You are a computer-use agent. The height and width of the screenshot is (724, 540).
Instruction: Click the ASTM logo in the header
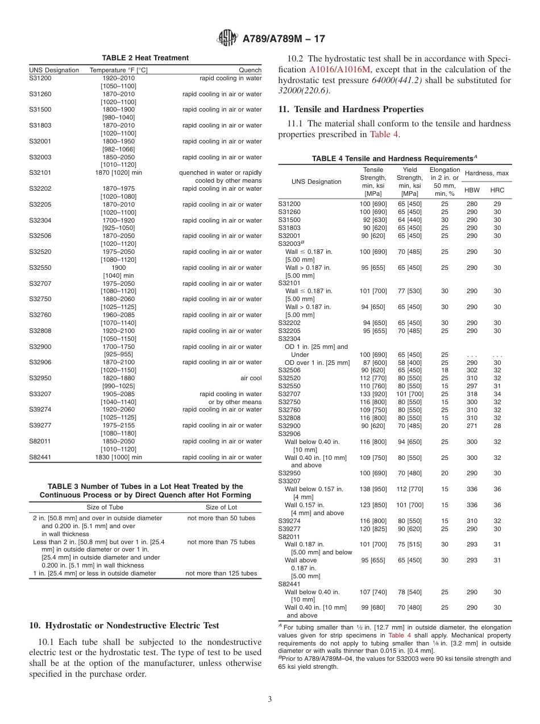[x=228, y=39]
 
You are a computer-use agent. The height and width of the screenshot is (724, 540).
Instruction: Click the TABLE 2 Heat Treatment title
[x=146, y=58]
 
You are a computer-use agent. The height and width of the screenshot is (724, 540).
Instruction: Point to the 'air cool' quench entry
[x=251, y=378]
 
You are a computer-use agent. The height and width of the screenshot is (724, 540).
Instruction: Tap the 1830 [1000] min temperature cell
[x=119, y=457]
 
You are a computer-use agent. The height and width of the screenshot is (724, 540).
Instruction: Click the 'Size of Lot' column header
[x=221, y=507]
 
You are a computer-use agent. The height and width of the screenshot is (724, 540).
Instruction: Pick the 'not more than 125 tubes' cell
[x=221, y=573]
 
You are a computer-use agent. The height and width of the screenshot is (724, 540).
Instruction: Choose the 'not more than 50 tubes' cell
[x=221, y=518]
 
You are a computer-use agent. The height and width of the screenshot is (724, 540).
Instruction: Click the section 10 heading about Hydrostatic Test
[x=124, y=626]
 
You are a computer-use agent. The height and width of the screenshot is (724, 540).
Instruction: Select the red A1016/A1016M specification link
[x=340, y=69]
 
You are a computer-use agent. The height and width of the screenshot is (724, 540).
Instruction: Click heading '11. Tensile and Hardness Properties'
[x=351, y=109]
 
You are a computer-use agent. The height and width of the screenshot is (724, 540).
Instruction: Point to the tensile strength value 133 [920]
[x=373, y=393]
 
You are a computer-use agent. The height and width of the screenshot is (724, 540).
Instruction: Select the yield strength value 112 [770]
[x=410, y=489]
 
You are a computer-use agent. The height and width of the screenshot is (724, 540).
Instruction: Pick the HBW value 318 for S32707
[x=472, y=393]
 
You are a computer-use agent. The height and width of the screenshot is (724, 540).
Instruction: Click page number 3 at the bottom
[x=270, y=699]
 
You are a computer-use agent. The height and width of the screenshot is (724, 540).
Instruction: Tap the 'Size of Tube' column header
[x=105, y=507]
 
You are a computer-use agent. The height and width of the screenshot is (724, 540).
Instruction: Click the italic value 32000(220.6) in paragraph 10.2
[x=304, y=90]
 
